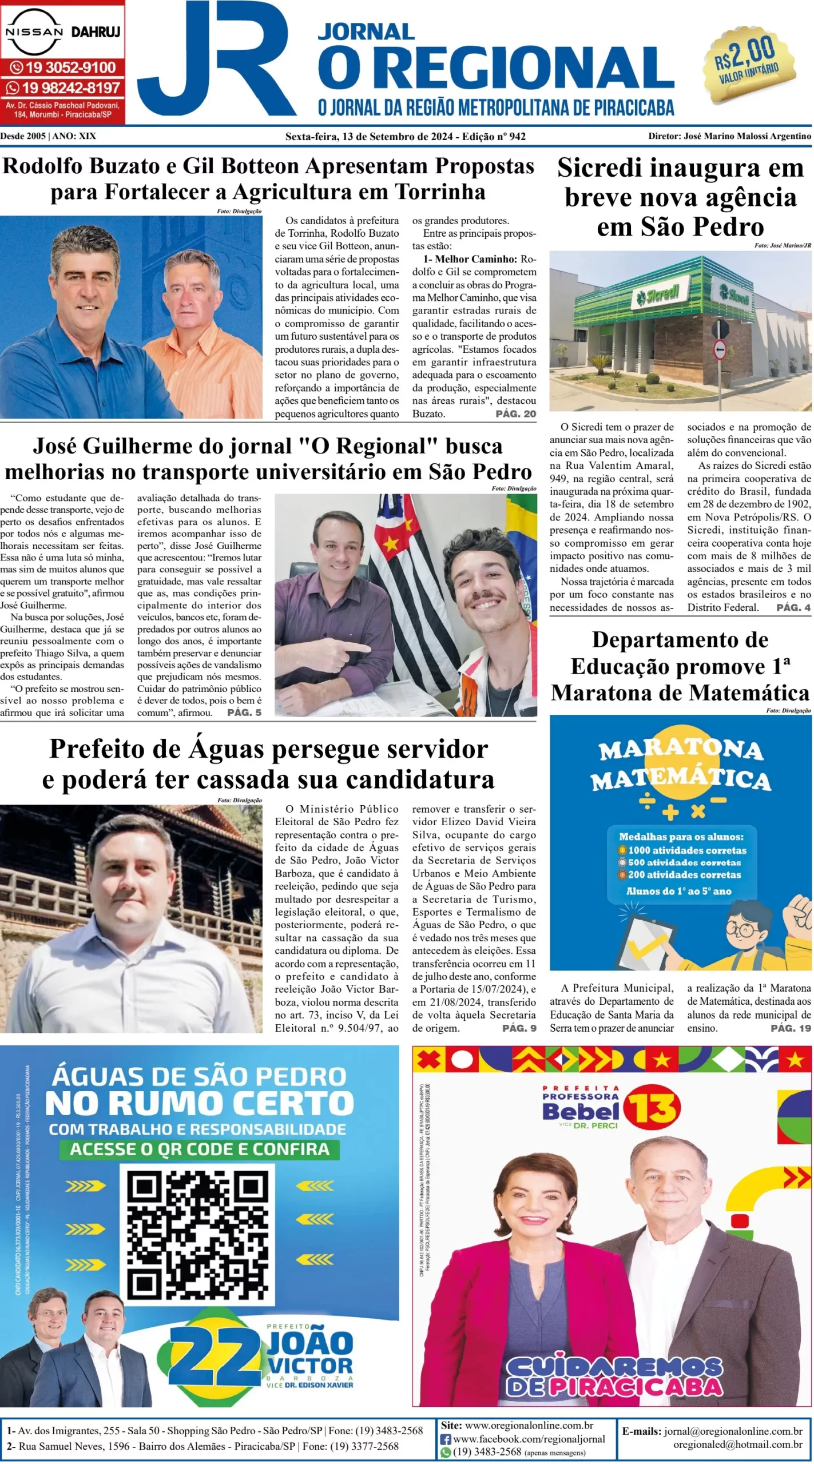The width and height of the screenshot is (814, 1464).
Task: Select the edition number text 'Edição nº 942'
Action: tap(494, 136)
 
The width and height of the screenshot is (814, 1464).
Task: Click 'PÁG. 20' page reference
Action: tap(515, 413)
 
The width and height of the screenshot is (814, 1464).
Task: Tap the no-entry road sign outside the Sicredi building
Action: tap(720, 349)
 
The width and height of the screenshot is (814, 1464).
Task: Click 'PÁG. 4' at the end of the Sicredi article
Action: tap(793, 607)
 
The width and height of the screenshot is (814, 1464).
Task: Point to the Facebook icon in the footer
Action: tap(446, 1439)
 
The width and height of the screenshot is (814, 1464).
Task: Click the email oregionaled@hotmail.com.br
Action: tap(737, 1445)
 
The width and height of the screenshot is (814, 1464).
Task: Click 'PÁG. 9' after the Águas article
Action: tap(519, 1028)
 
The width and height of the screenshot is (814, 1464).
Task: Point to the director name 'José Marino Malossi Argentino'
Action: tap(747, 136)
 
